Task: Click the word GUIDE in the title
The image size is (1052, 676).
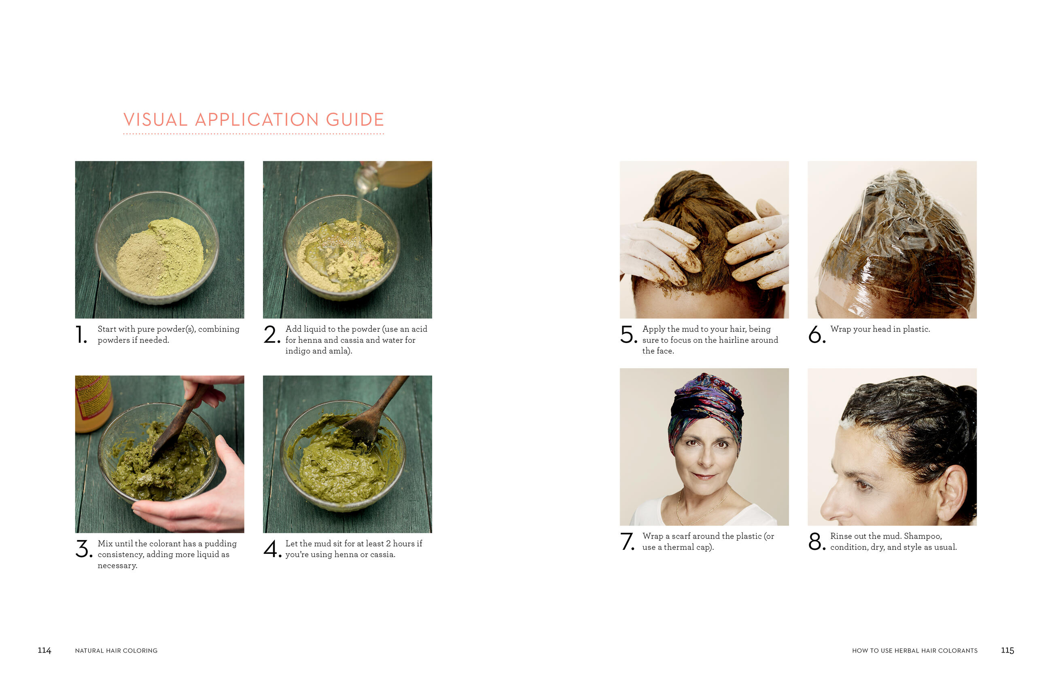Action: [355, 119]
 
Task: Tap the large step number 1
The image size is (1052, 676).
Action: [81, 335]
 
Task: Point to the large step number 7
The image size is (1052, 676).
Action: [628, 541]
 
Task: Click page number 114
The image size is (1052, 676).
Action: [45, 650]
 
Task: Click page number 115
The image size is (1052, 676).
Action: [1007, 650]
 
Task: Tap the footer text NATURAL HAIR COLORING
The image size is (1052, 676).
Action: [116, 651]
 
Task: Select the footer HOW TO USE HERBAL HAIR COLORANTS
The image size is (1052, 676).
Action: [914, 651]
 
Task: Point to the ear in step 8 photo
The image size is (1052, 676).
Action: [952, 493]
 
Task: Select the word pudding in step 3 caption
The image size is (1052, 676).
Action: [221, 544]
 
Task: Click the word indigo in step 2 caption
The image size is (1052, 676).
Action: [297, 351]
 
